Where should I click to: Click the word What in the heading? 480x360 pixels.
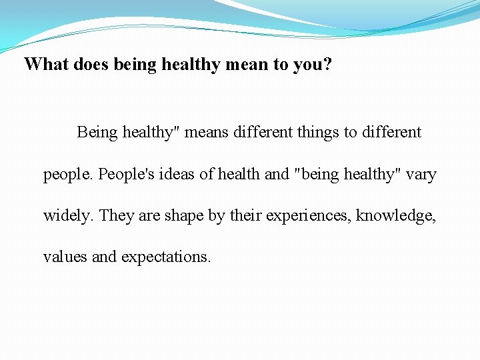click(44, 64)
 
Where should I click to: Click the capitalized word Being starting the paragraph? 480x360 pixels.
click(97, 132)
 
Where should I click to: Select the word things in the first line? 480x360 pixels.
click(318, 132)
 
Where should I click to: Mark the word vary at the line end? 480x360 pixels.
click(421, 174)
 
